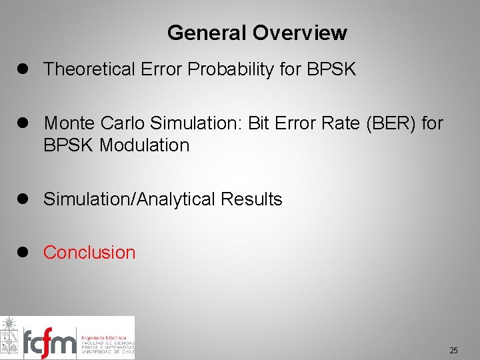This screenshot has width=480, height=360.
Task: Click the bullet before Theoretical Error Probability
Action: tap(27, 69)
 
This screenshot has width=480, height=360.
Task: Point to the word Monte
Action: tap(69, 123)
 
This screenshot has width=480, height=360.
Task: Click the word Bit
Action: tap(259, 123)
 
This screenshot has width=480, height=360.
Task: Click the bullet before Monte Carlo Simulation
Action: tap(27, 123)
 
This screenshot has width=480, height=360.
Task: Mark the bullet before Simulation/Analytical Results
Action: tap(27, 199)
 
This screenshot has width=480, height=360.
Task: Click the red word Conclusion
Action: tap(89, 252)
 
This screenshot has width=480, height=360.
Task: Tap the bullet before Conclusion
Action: tap(27, 252)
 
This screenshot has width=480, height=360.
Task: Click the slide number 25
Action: tap(453, 350)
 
